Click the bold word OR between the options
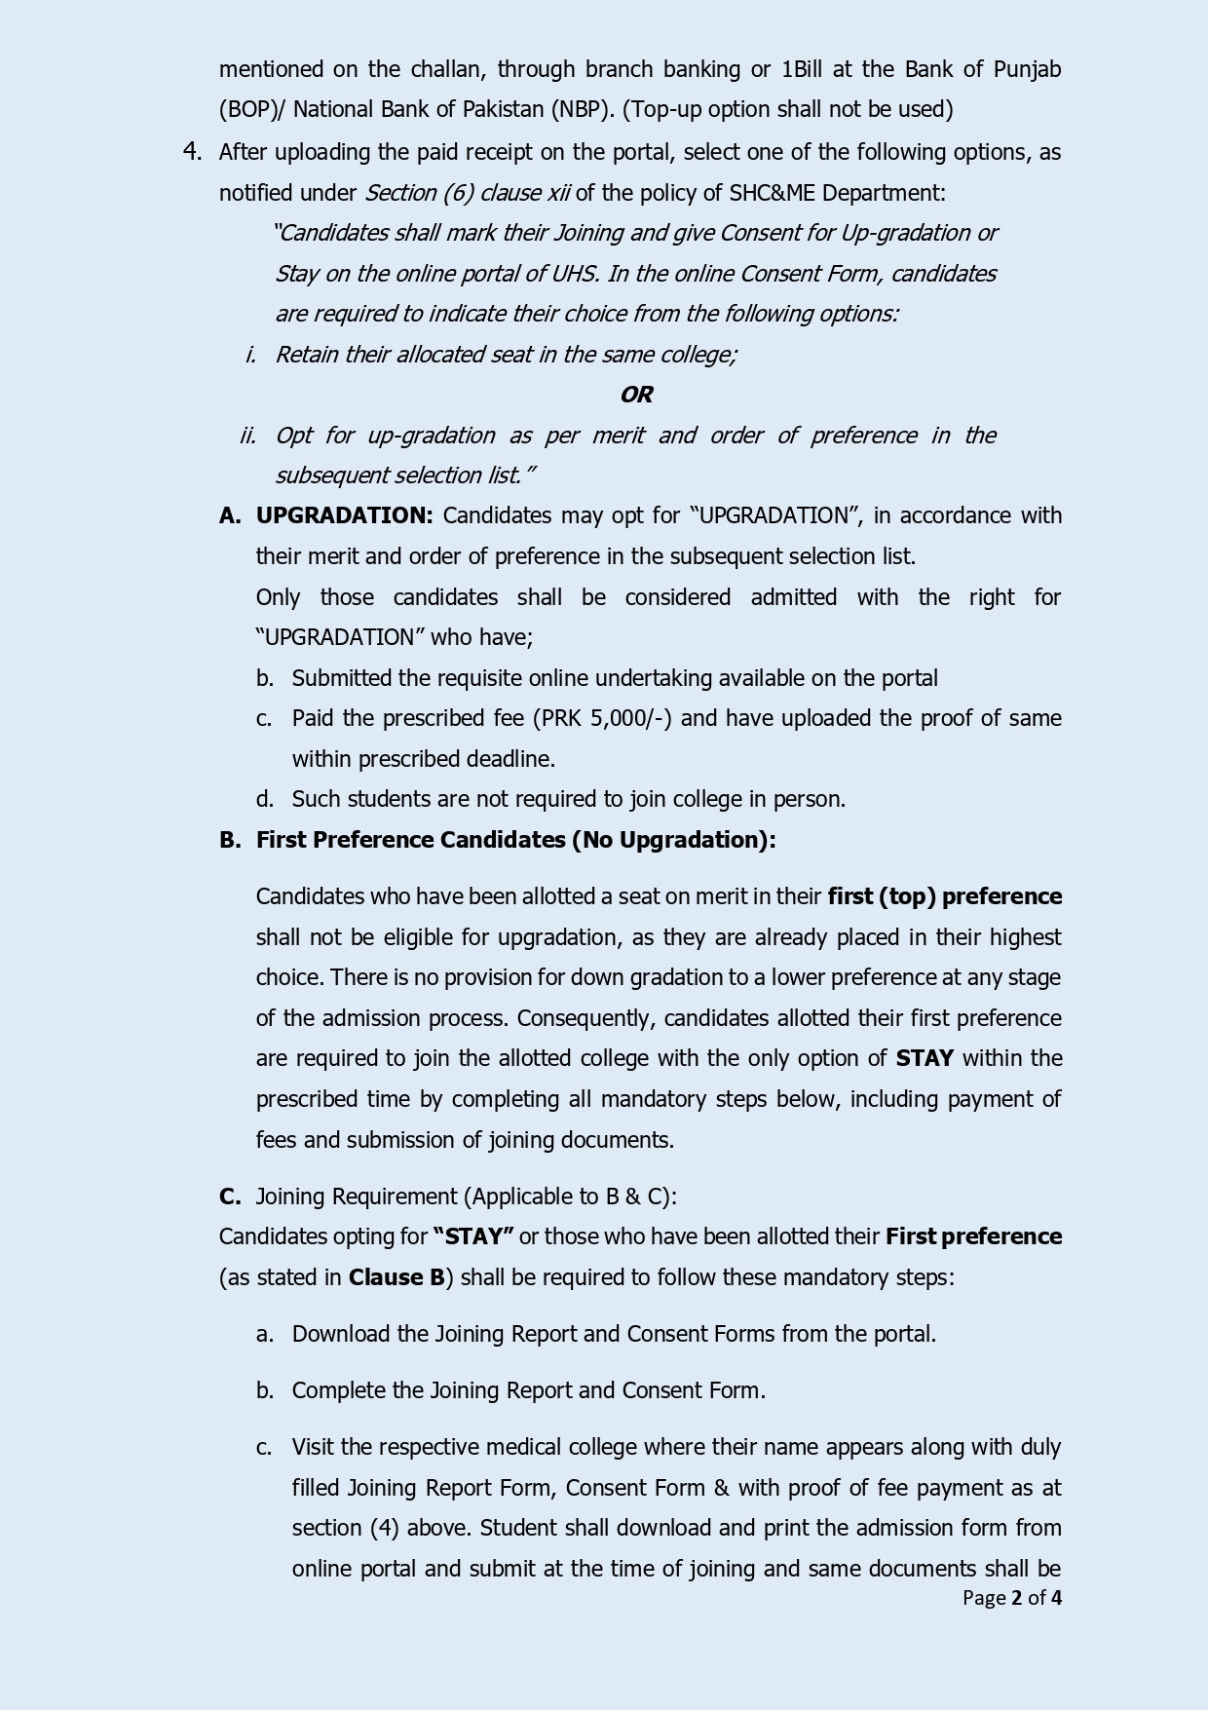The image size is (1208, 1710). point(636,395)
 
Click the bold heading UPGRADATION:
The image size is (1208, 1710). point(344,515)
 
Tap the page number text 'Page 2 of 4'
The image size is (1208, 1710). point(1011,1598)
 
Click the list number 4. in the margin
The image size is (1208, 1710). point(192,151)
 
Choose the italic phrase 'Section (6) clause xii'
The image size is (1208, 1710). point(468,193)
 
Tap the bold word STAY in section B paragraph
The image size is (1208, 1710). point(925,1058)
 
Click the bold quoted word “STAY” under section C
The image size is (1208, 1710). point(473,1236)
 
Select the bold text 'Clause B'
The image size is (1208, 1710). point(396,1277)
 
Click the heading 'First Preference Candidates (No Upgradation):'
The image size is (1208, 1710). point(515,840)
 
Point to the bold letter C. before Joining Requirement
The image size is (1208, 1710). point(230,1197)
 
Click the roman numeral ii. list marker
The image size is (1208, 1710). point(247,436)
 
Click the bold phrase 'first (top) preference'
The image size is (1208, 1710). point(944,896)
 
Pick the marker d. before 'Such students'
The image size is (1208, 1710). point(264,799)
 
